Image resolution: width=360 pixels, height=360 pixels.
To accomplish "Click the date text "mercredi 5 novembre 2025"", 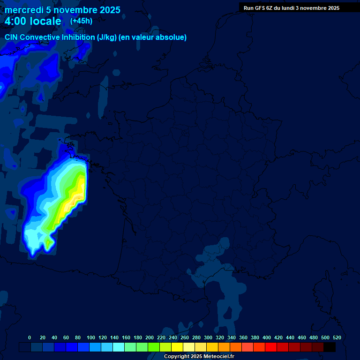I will point(62,10).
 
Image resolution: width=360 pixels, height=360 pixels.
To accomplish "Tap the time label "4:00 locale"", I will point(33,21).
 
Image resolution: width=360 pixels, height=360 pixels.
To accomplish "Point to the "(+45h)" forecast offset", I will point(81,21).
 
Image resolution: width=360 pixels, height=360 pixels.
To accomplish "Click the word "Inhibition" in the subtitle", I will point(76,37).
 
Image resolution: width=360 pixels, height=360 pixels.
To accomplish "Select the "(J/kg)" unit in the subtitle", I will point(107,37).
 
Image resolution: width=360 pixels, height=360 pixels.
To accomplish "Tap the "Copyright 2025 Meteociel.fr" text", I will point(199,356).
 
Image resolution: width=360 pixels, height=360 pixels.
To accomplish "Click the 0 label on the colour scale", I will point(30,337).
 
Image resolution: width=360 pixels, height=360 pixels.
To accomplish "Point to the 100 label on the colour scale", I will point(91,337).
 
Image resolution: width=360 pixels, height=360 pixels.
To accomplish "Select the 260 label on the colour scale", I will point(185,337).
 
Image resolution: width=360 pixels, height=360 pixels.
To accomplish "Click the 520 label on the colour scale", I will point(337,337).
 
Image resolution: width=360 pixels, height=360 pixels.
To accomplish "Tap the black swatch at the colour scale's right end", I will point(330,347).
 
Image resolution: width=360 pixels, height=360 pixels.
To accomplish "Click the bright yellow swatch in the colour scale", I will point(177,347).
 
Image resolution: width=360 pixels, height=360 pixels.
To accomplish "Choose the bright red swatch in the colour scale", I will point(271,347).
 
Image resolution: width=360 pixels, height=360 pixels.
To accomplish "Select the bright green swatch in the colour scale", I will point(154,347).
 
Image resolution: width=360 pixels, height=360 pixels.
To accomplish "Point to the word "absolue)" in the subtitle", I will point(172,37).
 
